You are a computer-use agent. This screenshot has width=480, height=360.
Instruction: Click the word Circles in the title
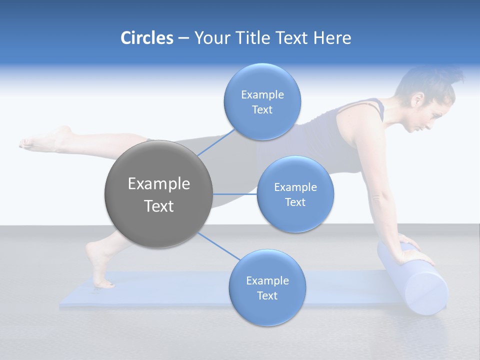146,38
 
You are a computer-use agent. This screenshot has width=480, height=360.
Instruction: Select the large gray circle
158,194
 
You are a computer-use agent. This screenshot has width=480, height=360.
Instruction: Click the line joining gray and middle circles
235,194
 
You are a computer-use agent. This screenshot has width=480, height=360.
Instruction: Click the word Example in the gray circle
158,184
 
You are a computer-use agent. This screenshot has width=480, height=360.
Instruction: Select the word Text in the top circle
262,110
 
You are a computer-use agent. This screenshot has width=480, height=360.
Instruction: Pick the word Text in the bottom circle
267,296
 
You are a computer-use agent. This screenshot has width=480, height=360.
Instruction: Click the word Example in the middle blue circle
295,187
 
